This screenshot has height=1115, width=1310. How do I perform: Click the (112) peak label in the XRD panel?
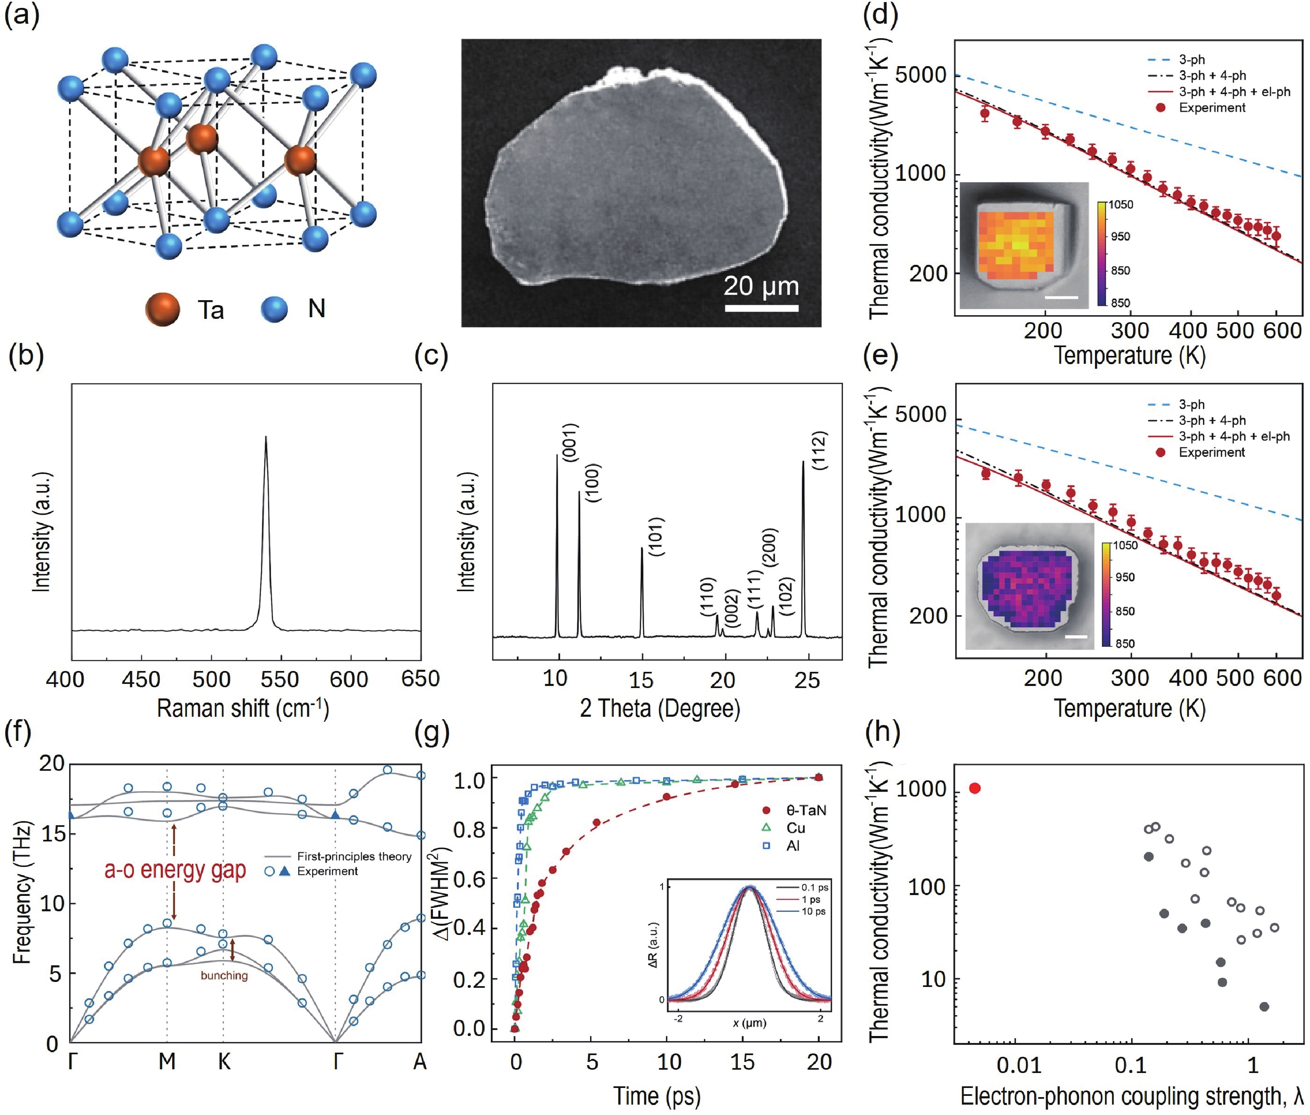pyautogui.click(x=819, y=450)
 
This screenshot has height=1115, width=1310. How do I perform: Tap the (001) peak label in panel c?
pyautogui.click(x=570, y=442)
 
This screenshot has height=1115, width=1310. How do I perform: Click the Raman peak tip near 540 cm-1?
pyautogui.click(x=266, y=437)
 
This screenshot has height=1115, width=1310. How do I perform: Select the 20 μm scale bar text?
pyautogui.click(x=761, y=286)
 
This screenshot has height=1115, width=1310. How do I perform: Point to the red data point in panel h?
pyautogui.click(x=975, y=788)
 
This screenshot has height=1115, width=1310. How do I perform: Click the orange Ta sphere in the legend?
pyautogui.click(x=163, y=309)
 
